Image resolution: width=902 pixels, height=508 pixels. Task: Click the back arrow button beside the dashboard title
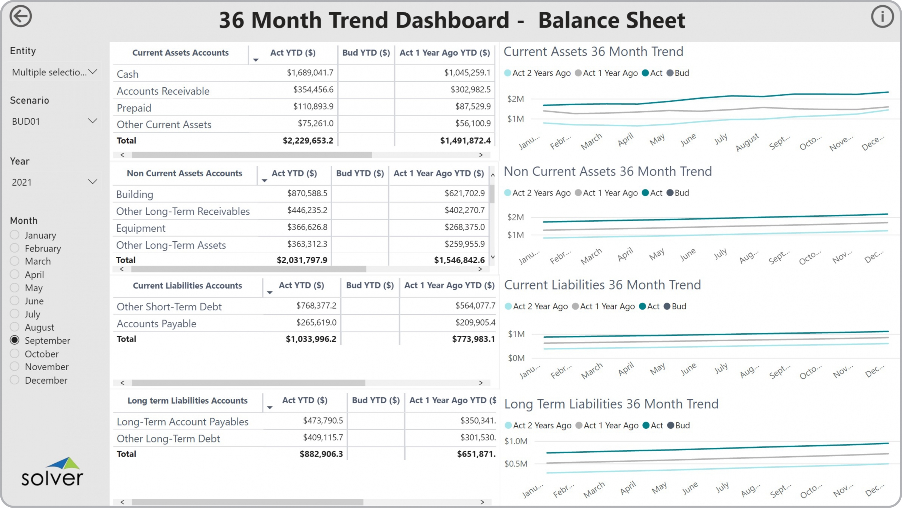coord(20,17)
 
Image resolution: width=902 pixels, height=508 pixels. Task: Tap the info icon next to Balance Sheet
coord(882,17)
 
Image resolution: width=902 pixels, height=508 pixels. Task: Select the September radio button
coord(15,340)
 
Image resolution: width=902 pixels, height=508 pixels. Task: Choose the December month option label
coord(46,380)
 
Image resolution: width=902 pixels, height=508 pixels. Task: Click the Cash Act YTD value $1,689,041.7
coord(310,73)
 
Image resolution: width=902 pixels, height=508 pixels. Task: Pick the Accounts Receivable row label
coord(163,91)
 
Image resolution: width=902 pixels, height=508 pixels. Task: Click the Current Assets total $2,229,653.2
coord(308,141)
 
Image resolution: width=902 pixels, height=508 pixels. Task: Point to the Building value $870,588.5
coord(307,193)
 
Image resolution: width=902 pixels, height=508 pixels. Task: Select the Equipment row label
coord(141,228)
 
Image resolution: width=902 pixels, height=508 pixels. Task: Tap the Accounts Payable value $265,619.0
coord(316,322)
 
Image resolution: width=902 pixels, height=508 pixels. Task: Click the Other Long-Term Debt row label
coord(168,439)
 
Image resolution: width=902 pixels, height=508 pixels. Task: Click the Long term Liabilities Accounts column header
coord(187,401)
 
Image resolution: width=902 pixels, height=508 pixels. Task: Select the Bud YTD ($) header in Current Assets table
coord(366,53)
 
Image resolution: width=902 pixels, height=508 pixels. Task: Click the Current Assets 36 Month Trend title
coord(593,52)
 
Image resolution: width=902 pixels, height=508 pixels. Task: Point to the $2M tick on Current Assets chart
coord(515,99)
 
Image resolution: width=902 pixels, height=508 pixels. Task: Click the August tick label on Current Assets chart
coord(747,142)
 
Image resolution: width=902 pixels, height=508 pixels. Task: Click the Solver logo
coord(52,472)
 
